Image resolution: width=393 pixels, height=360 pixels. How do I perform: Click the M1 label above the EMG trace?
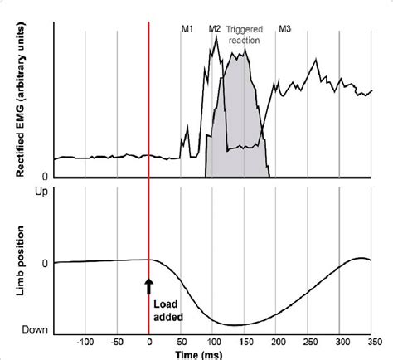click(187, 29)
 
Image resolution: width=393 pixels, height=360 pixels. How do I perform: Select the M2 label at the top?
click(214, 29)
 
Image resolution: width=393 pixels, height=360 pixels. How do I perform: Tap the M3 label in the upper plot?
click(284, 29)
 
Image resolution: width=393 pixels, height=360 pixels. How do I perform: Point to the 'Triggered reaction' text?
click(244, 34)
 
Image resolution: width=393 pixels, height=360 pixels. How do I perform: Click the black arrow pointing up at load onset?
click(149, 285)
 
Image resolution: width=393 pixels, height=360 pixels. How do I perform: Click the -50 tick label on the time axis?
click(117, 341)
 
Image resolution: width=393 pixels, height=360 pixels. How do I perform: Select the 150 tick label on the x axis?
click(245, 341)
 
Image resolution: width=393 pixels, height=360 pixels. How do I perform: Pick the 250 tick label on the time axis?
click(308, 341)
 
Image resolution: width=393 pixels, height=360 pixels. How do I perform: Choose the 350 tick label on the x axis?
click(371, 341)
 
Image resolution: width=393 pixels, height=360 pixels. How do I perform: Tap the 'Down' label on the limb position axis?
click(35, 329)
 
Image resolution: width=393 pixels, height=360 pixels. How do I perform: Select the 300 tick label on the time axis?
click(340, 341)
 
